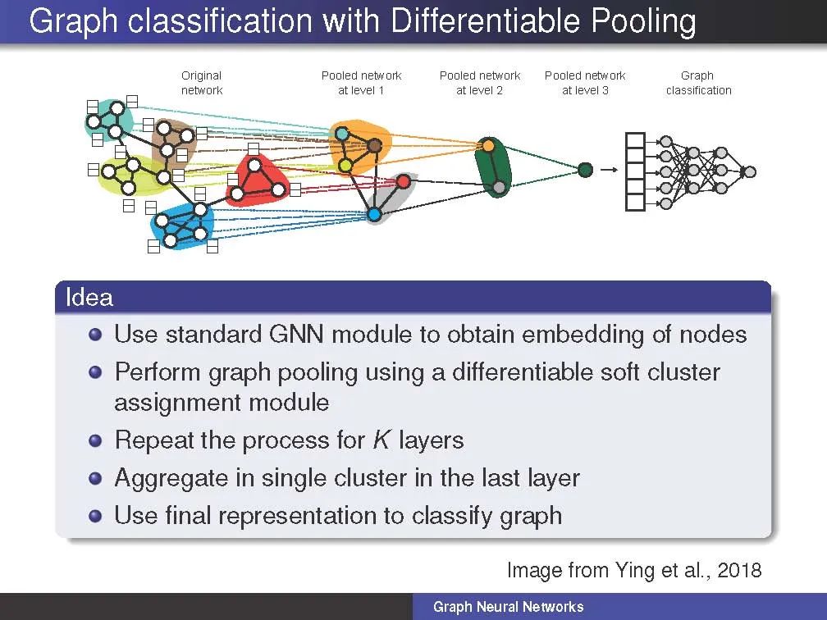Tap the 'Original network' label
202,83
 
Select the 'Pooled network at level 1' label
361,83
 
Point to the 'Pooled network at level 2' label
480,83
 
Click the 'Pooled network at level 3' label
585,83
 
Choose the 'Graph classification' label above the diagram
698,83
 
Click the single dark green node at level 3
585,170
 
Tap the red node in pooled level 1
403,181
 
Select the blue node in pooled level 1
374,215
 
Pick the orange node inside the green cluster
488,145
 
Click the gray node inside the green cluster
499,188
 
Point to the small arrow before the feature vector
608,170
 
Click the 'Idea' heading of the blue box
89,297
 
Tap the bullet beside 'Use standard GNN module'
97,335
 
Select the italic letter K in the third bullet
381,440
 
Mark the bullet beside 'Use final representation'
97,516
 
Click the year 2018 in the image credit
739,570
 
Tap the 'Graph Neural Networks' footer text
508,607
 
